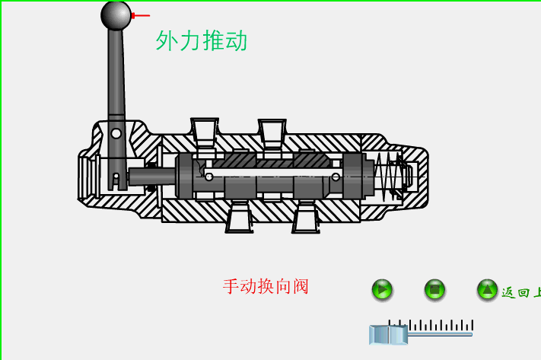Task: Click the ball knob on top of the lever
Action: point(116,15)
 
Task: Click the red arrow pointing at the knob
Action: point(141,15)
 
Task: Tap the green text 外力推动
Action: point(202,40)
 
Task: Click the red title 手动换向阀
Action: point(266,287)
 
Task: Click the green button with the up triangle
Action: point(487,289)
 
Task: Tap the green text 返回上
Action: point(520,292)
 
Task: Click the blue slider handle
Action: point(388,335)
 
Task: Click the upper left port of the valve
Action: point(205,130)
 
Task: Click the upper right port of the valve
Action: point(272,130)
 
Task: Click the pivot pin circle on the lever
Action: point(116,133)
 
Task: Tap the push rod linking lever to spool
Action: point(152,177)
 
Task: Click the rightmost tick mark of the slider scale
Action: point(473,325)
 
